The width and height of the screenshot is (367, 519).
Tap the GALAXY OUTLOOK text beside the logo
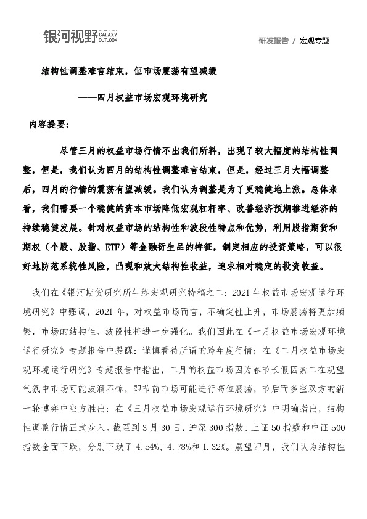pos(109,38)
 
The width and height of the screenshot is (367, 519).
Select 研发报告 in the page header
pos(273,41)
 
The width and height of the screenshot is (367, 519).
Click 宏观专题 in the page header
pos(314,41)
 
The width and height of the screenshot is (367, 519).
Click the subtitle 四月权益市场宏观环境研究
pos(152,97)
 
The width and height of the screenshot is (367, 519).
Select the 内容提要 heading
pos(49,123)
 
